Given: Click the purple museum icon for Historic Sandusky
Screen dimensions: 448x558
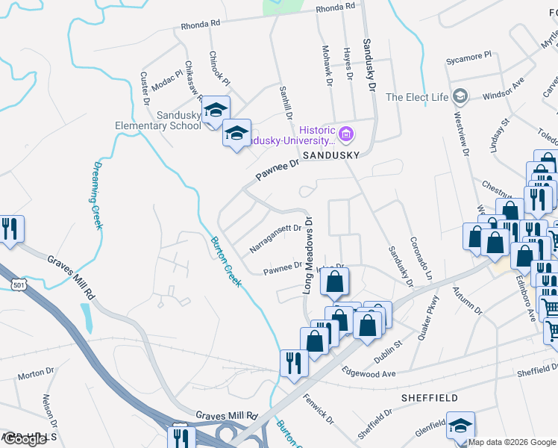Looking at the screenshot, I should click(345, 135).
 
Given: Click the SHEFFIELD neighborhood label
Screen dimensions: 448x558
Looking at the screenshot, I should click(430, 398).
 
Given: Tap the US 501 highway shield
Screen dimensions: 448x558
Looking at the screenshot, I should click(19, 283).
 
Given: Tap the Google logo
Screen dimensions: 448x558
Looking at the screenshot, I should click(25, 439).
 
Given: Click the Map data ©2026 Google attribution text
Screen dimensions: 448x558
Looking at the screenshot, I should click(512, 442).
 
